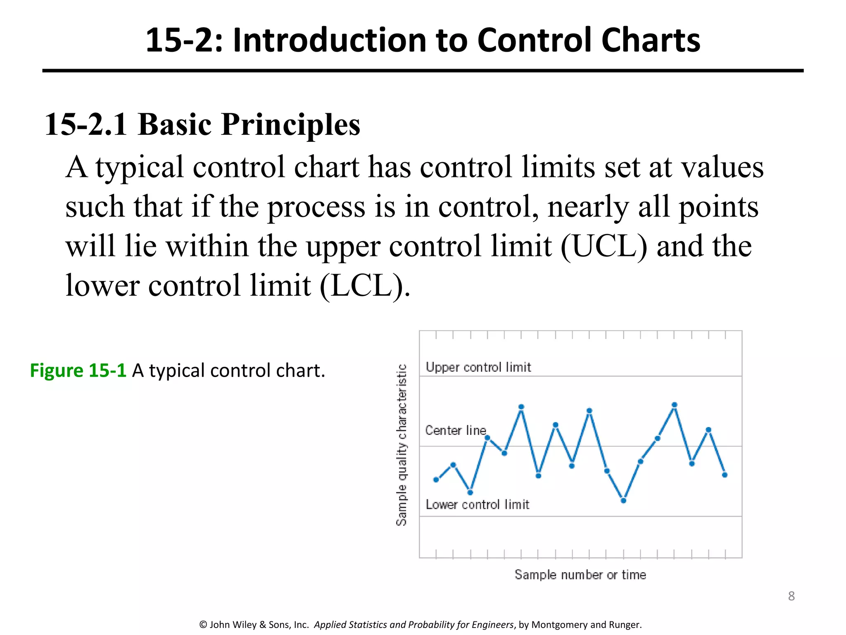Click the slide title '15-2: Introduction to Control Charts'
click(423, 40)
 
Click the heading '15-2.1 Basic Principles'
click(202, 124)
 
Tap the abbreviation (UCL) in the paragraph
click(604, 246)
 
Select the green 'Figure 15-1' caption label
click(78, 370)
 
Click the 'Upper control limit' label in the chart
click(478, 367)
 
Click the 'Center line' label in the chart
click(456, 430)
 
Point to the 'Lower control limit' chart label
click(477, 504)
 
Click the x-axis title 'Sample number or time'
click(580, 575)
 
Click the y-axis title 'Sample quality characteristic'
click(402, 445)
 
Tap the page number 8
click(791, 596)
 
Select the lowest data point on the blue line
click(624, 501)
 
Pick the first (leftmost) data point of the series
click(436, 480)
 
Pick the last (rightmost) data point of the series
click(725, 475)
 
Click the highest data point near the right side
click(675, 405)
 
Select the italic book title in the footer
click(413, 625)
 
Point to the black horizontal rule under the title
click(423, 71)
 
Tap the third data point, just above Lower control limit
click(470, 492)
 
